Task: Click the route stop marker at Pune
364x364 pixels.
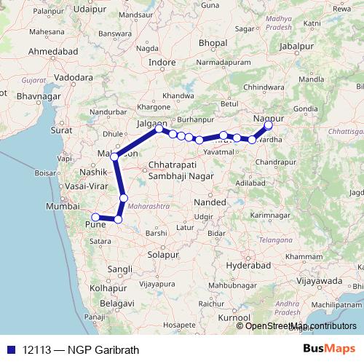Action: tap(95, 217)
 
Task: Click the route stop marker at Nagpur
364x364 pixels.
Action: tap(269, 124)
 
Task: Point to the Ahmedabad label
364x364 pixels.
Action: tap(53, 53)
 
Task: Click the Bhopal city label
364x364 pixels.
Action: tap(213, 44)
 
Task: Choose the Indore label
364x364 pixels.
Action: tap(162, 63)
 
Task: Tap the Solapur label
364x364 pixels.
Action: tap(163, 254)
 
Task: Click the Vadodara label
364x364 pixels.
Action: tap(74, 76)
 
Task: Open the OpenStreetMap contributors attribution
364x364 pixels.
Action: tap(301, 325)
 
